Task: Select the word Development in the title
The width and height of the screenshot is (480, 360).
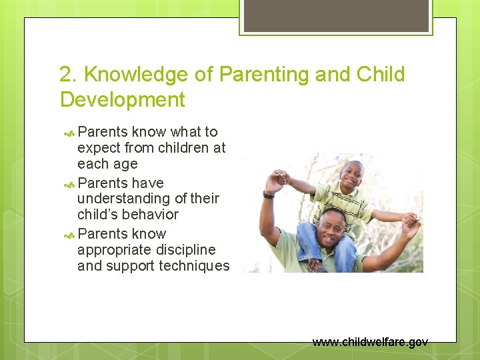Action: coord(122,100)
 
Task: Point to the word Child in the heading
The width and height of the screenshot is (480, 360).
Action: coord(381,75)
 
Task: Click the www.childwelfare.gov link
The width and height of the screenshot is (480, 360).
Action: coord(370,342)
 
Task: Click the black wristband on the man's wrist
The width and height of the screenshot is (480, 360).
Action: coord(269,195)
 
